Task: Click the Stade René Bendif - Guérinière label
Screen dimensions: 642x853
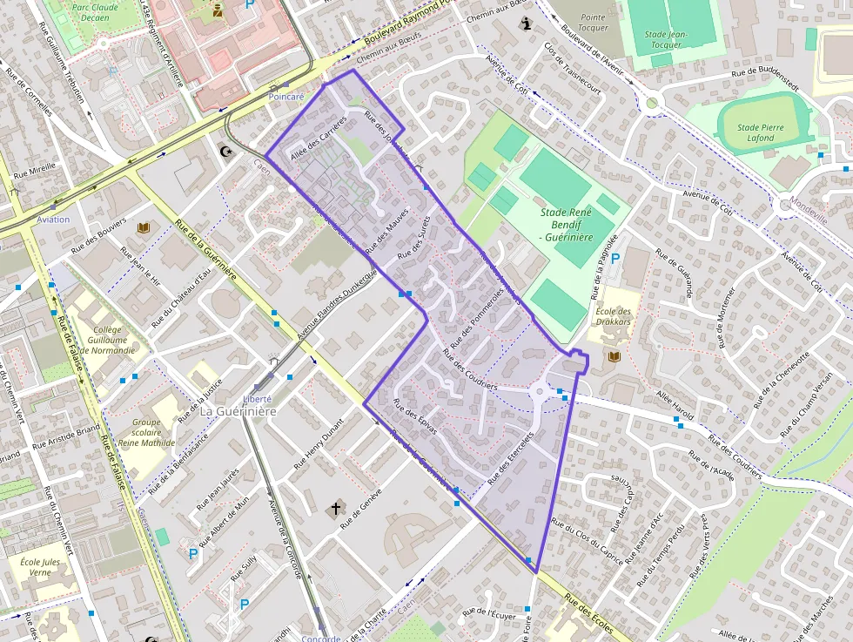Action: coord(567,226)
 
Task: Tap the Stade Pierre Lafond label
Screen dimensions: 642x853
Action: coord(760,132)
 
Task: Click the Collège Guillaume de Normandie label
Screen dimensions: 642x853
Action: coord(114,340)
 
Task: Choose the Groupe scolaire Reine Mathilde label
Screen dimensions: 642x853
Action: coord(146,431)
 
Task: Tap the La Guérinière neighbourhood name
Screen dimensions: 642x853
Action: coord(238,410)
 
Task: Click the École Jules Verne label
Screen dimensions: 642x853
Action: coord(40,568)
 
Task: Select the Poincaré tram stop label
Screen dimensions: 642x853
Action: coord(286,97)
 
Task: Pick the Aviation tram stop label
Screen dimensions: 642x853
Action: coord(53,220)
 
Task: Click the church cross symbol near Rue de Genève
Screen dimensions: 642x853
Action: coord(334,508)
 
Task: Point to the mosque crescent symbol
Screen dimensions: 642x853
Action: coord(228,152)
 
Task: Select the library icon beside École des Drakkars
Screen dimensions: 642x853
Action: coord(615,357)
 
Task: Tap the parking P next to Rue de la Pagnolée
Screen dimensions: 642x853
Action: coord(616,259)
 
